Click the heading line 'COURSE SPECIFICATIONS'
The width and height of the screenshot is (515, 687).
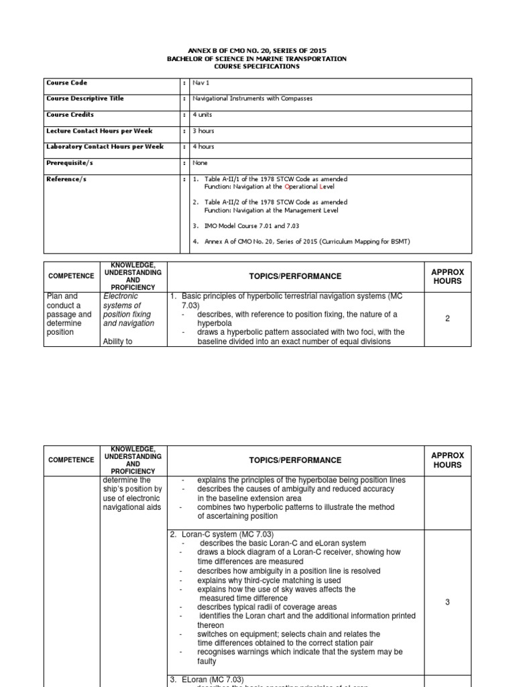[257, 66]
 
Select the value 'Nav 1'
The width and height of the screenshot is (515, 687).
[201, 83]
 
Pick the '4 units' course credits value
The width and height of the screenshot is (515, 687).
[202, 115]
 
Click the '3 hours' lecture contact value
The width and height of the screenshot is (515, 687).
[203, 131]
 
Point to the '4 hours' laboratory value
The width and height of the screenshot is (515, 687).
[203, 147]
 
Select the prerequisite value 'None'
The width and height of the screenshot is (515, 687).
[200, 163]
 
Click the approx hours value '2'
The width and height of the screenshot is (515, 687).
[447, 319]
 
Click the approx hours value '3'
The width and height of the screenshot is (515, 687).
[447, 602]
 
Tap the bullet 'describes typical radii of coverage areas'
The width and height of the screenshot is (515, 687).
[266, 607]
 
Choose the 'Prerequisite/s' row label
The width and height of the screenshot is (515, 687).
[69, 163]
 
